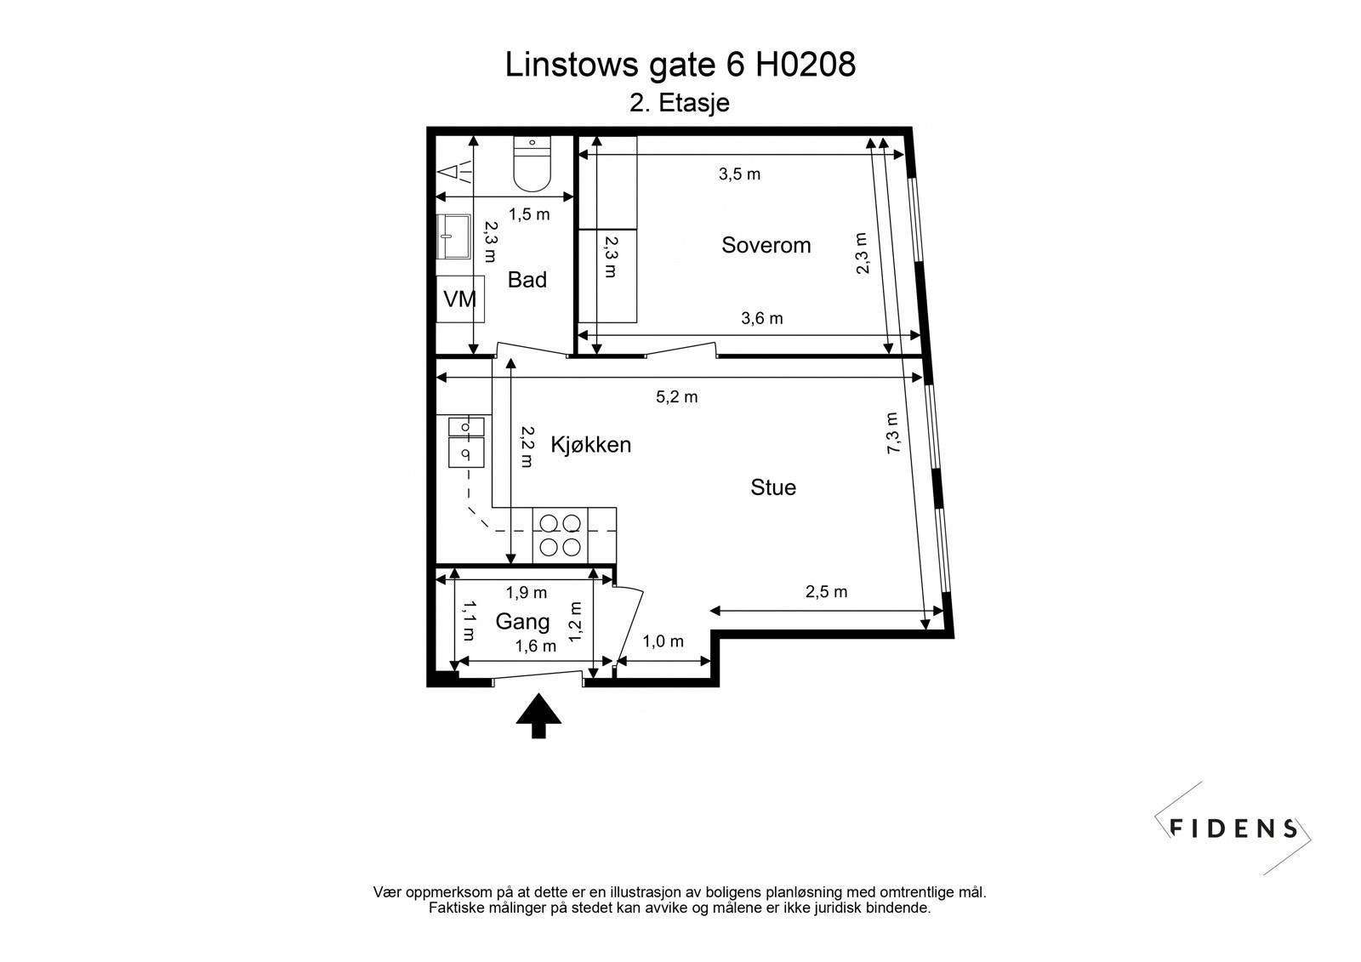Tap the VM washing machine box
(x=460, y=299)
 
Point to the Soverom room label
(x=766, y=245)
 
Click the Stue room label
(x=773, y=487)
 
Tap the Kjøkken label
(x=590, y=444)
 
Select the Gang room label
(x=522, y=622)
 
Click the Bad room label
(x=527, y=280)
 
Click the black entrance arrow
(x=538, y=715)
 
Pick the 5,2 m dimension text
(x=676, y=396)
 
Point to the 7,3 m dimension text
(x=892, y=433)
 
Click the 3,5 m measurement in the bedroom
(x=739, y=174)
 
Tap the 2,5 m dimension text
(x=826, y=592)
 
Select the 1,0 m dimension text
(x=663, y=641)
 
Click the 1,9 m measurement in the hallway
(x=527, y=592)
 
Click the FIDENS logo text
(x=1233, y=828)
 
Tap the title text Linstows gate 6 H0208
(x=680, y=65)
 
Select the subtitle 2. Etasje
(x=679, y=103)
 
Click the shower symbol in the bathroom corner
(x=456, y=173)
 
